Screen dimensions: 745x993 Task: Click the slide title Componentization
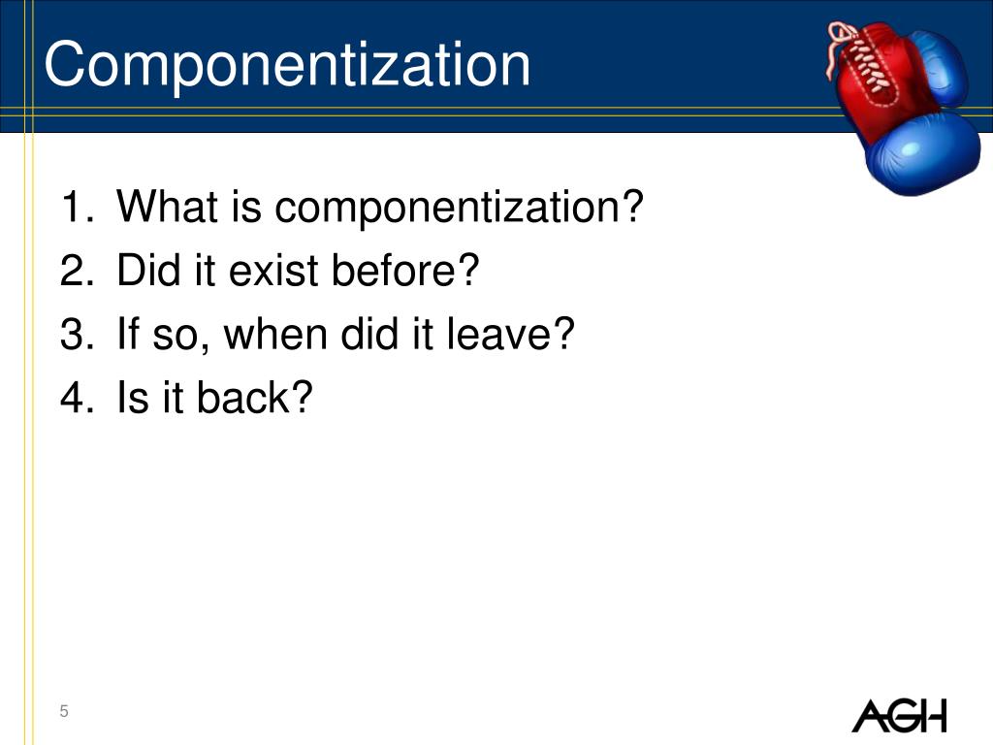click(287, 65)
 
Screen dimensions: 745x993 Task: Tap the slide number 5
click(64, 713)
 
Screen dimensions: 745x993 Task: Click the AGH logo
click(898, 716)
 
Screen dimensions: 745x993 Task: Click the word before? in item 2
click(406, 273)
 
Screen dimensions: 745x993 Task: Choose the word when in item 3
click(279, 336)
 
